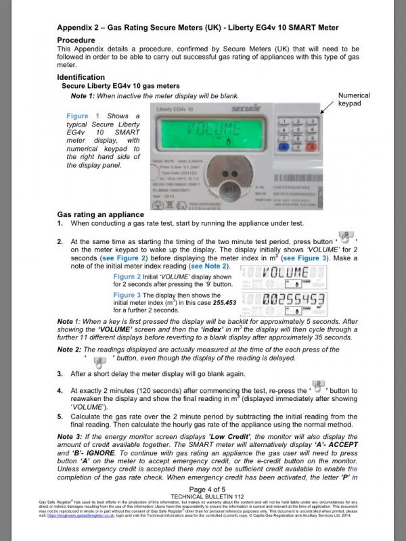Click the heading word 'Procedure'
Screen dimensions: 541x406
click(76, 40)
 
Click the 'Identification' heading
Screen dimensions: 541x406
click(81, 77)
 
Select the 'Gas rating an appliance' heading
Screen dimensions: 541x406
click(101, 214)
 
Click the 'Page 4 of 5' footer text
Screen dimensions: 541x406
click(202, 509)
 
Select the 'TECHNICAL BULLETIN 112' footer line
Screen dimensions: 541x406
click(202, 515)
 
